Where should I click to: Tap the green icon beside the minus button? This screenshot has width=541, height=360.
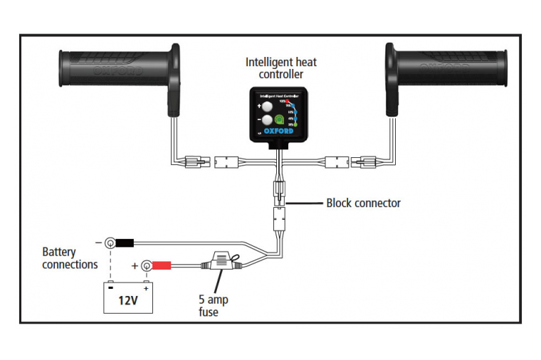tap(280, 122)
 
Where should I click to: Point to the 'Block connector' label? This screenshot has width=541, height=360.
tap(363, 203)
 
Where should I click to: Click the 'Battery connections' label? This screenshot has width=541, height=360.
tap(70, 258)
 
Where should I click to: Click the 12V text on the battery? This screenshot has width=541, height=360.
tap(127, 301)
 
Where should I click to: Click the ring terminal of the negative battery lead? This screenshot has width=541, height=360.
tap(110, 243)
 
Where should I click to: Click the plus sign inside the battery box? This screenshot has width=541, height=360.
tap(146, 289)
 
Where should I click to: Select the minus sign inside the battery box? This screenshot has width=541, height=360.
tap(112, 289)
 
